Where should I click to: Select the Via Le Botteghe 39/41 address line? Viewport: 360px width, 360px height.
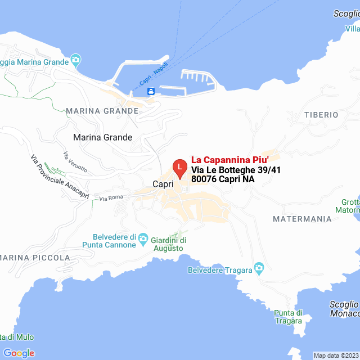click(236, 169)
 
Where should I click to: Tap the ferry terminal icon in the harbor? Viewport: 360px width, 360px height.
click(151, 92)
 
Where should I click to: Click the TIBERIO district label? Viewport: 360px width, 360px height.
click(321, 115)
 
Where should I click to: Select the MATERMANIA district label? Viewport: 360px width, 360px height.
click(302, 218)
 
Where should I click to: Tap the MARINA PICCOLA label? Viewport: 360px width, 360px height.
click(35, 258)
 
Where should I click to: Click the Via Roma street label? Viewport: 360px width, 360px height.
click(111, 198)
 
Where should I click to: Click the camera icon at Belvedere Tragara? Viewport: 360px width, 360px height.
click(259, 267)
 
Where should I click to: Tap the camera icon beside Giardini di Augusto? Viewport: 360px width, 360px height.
click(143, 239)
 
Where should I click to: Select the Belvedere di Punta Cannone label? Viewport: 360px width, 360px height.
click(109, 241)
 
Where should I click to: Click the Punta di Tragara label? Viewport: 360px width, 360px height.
click(289, 317)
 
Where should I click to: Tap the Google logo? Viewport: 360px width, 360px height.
click(19, 353)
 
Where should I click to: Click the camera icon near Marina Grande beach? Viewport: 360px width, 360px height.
click(76, 60)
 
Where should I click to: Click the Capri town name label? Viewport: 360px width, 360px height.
click(163, 184)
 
